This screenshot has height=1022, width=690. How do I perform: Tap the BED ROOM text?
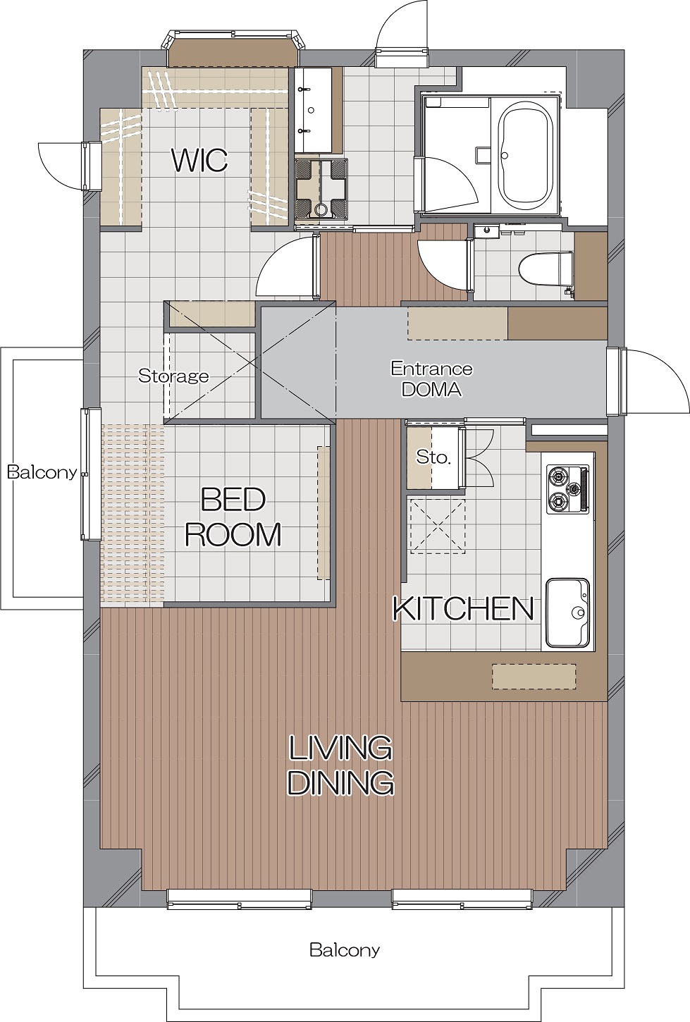pyautogui.click(x=233, y=517)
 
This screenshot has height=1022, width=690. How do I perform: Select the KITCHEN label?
pyautogui.click(x=463, y=609)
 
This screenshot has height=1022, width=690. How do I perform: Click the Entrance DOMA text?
pyautogui.click(x=432, y=378)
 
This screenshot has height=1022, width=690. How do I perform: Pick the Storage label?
pyautogui.click(x=173, y=376)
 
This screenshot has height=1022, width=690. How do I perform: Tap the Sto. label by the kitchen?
pyautogui.click(x=433, y=457)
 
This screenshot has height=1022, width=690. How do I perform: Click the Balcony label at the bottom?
pyautogui.click(x=345, y=950)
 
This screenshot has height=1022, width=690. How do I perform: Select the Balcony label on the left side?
pyautogui.click(x=42, y=472)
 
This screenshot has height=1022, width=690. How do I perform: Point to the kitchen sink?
pyautogui.click(x=567, y=612)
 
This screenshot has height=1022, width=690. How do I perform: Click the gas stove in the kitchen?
pyautogui.click(x=567, y=488)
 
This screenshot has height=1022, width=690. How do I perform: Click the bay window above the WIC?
pyautogui.click(x=235, y=49)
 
